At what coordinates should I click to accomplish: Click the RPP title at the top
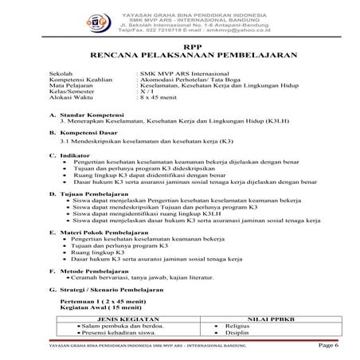(x=180, y=47)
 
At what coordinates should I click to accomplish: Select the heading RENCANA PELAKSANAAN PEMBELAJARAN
(x=180, y=57)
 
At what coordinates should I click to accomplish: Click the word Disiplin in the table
(x=237, y=332)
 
